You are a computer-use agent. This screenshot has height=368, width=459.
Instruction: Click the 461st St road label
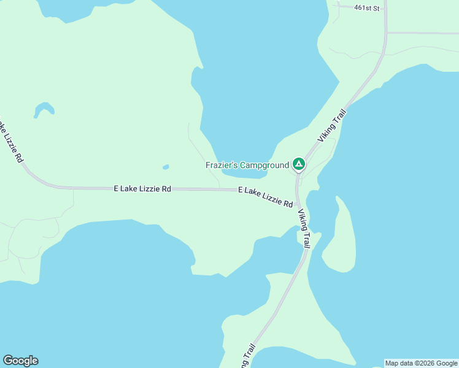coord(368,8)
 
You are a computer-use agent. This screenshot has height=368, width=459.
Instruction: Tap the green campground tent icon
coord(298,164)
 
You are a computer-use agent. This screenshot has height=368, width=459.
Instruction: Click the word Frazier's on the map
coord(221,165)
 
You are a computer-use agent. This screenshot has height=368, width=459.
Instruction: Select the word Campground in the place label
coord(264,165)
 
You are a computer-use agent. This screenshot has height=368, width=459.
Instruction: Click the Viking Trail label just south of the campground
coord(304,228)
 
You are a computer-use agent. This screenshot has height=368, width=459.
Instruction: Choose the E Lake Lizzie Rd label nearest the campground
coord(265,196)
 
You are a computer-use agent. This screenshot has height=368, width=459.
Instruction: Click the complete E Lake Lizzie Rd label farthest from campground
coord(142,190)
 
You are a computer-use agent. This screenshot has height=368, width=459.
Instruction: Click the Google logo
coord(20,361)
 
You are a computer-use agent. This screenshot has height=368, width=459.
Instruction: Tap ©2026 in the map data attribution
coord(425,363)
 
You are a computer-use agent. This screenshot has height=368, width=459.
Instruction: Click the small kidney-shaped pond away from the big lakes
coord(44,109)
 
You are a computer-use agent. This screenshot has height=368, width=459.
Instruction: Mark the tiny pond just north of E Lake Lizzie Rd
coord(166,166)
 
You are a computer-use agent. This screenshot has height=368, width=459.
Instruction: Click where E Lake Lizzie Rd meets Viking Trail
coord(296,205)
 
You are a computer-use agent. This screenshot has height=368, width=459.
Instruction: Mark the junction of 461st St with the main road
coord(385,9)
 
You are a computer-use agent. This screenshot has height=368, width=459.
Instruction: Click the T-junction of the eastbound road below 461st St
coord(387,33)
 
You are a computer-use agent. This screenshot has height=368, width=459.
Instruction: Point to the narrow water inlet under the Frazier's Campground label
coord(245,174)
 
